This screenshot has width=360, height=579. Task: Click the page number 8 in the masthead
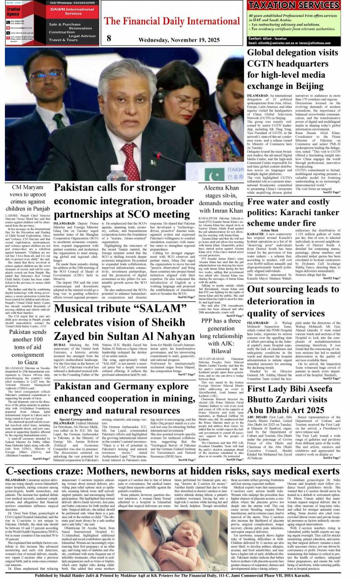[x=109, y=38]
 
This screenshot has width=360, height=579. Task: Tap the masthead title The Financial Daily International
[x=172, y=21]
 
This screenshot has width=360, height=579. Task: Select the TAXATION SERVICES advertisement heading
[x=293, y=5]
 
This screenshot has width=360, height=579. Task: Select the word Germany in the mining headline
[x=144, y=387]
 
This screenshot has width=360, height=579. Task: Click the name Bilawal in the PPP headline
[x=221, y=351]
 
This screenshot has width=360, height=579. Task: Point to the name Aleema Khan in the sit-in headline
[x=221, y=188]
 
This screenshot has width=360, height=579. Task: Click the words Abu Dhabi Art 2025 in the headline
[x=286, y=410]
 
